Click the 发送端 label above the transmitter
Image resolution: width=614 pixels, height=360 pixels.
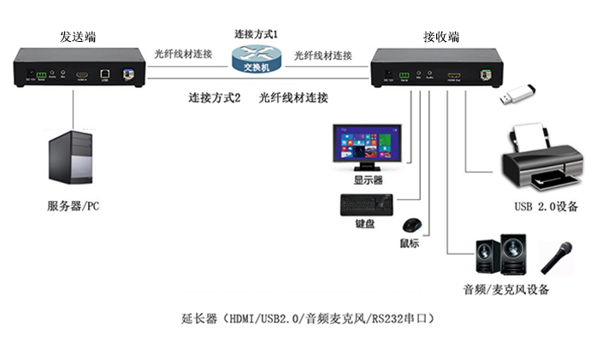pos(78,37)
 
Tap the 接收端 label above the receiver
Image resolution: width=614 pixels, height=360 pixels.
pos(441,37)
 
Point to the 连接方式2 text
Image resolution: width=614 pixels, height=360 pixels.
pos(215,97)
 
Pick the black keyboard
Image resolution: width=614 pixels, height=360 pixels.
pos(367,204)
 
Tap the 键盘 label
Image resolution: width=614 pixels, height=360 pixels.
pos(365,224)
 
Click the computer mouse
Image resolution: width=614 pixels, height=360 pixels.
pos(410,225)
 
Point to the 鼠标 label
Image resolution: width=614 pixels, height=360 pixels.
pos(410,243)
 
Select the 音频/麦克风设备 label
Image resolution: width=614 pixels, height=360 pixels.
pos(506,290)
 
